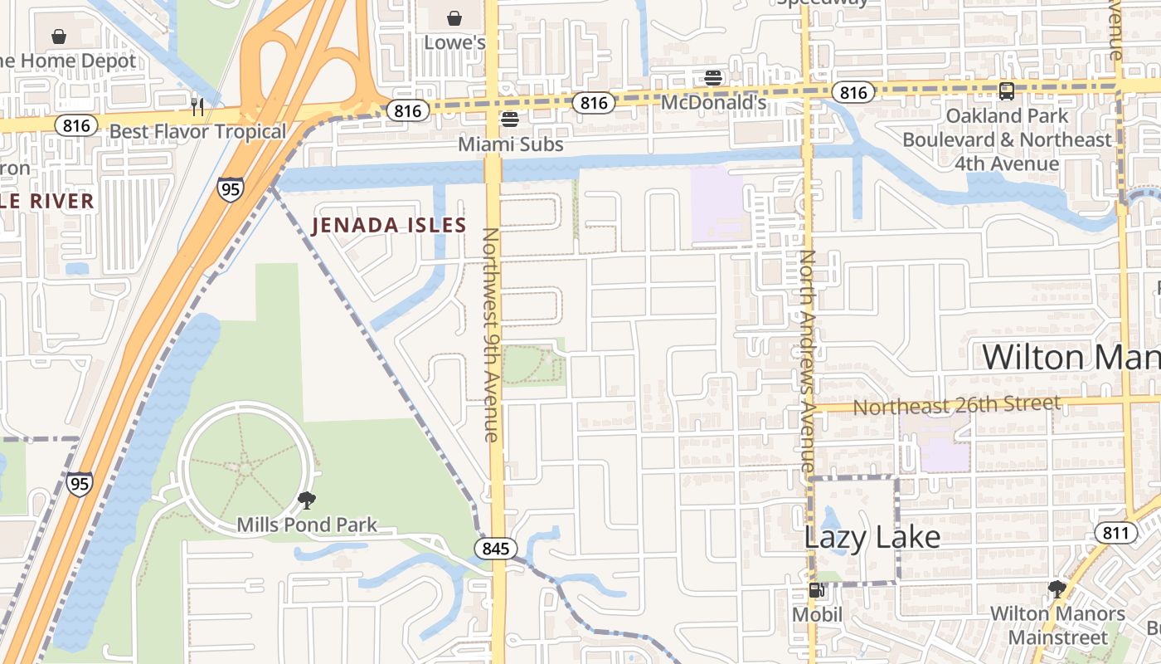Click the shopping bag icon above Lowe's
pos(454,17)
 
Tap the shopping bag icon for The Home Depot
pos(59,37)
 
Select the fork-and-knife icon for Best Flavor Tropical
pos(197,106)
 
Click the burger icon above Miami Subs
pos(510,120)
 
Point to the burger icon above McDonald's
pos(713,78)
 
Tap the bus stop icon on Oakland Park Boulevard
pos(1007,91)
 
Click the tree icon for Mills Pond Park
pos(307,500)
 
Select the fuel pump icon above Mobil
pos(817,590)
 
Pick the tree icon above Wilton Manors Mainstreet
pos(1057,589)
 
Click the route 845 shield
pos(496,549)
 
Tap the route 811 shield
pos(1115,532)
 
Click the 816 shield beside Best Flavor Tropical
pos(76,125)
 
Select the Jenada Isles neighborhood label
pos(389,225)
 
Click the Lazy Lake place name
pos(872,537)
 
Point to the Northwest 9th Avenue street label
pos(491,334)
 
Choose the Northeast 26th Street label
pos(956,406)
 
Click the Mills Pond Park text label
pos(307,525)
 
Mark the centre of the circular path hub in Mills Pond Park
pos(245,469)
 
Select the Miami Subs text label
pos(510,144)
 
